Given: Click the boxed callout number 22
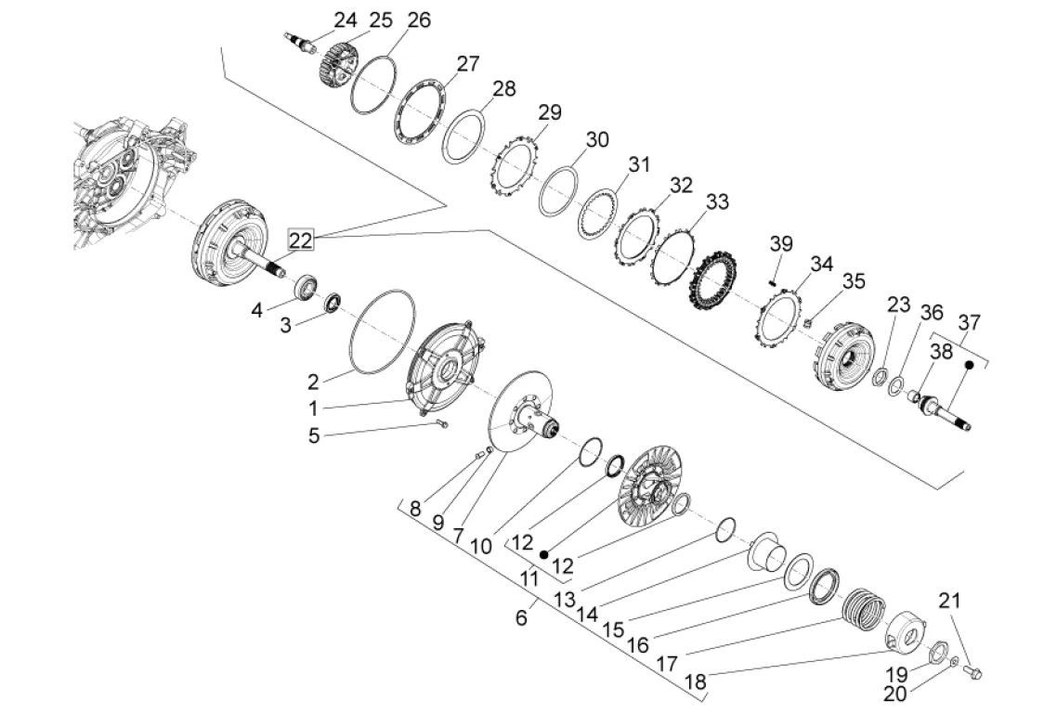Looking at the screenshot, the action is point(300,240).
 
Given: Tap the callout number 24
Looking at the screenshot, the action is point(345,20).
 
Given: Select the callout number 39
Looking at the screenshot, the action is point(781,243).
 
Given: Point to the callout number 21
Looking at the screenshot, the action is point(950,601).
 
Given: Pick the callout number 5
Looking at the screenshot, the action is point(314,436).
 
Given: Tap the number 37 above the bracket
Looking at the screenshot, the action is point(969,322).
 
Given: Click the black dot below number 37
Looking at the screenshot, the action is point(970,365).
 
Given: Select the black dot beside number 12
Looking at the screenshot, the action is point(544,554).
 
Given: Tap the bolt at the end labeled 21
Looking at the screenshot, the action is point(972,673).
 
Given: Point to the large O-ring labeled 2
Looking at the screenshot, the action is point(382,331).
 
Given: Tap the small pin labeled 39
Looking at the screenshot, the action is point(774,281).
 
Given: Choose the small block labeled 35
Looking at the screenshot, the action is point(806,324).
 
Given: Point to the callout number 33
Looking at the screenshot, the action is point(717,201).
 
